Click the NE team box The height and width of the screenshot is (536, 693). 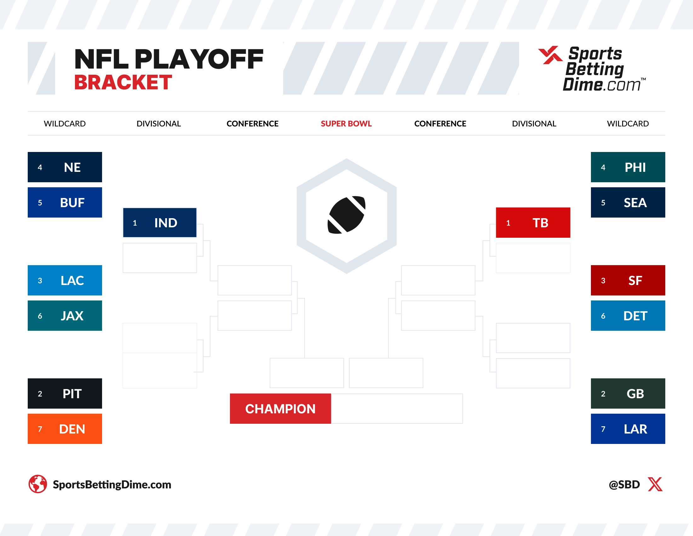(x=65, y=167)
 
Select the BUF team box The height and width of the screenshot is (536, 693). (x=65, y=202)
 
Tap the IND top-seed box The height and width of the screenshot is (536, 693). (x=160, y=223)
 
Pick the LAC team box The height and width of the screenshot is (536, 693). (x=65, y=280)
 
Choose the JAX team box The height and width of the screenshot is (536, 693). (x=65, y=316)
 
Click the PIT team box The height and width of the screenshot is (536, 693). (x=65, y=393)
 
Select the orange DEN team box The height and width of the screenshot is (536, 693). (x=65, y=429)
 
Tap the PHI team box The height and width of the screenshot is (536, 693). (x=628, y=167)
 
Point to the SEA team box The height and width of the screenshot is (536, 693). (x=628, y=202)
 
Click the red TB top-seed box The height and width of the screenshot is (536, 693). (x=533, y=223)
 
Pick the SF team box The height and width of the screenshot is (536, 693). (x=628, y=280)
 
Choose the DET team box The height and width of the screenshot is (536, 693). (x=628, y=316)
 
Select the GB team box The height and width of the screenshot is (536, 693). (x=628, y=393)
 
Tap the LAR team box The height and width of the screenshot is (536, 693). (x=628, y=429)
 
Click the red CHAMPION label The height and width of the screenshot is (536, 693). (x=280, y=409)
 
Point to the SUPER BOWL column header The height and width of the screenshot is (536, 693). (x=346, y=124)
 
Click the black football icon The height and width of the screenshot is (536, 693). (x=346, y=215)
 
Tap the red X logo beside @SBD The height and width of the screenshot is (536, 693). (x=655, y=484)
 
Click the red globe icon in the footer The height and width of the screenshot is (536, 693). (x=38, y=484)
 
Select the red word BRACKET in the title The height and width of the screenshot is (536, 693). (x=123, y=83)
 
